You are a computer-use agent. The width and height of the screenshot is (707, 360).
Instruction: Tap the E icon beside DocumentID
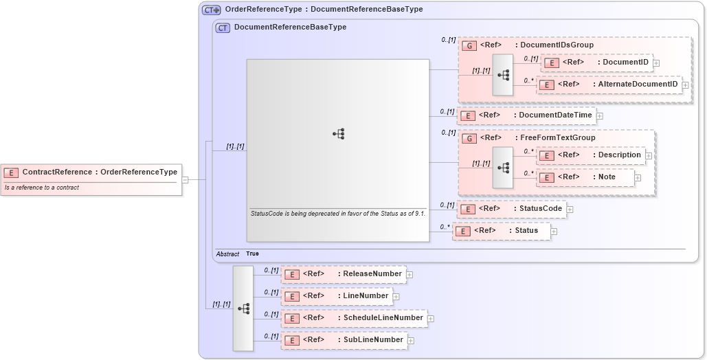550,63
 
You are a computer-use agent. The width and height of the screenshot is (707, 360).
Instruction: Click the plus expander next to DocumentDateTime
600,115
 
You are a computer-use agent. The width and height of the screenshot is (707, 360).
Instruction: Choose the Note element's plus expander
638,177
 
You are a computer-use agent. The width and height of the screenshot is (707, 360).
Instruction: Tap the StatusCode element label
540,209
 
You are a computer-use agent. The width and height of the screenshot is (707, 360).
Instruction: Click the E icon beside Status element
463,231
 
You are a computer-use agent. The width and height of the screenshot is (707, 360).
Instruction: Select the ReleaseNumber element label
372,274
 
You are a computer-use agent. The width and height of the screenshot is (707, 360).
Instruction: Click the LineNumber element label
366,296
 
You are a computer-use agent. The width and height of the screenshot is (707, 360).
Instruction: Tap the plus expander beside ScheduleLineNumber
431,318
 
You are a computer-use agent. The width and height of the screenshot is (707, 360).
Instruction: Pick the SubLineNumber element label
372,340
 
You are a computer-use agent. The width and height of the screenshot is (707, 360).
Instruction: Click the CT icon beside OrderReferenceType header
211,10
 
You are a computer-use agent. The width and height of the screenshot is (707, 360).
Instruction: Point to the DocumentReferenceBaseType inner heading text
290,27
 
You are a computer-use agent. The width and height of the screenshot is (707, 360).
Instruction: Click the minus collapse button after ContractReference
186,180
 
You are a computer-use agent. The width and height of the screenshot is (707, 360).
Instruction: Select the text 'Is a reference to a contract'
42,188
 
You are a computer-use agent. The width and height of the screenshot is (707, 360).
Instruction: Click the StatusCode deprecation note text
337,214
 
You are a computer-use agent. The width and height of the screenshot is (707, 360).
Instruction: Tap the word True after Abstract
253,254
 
